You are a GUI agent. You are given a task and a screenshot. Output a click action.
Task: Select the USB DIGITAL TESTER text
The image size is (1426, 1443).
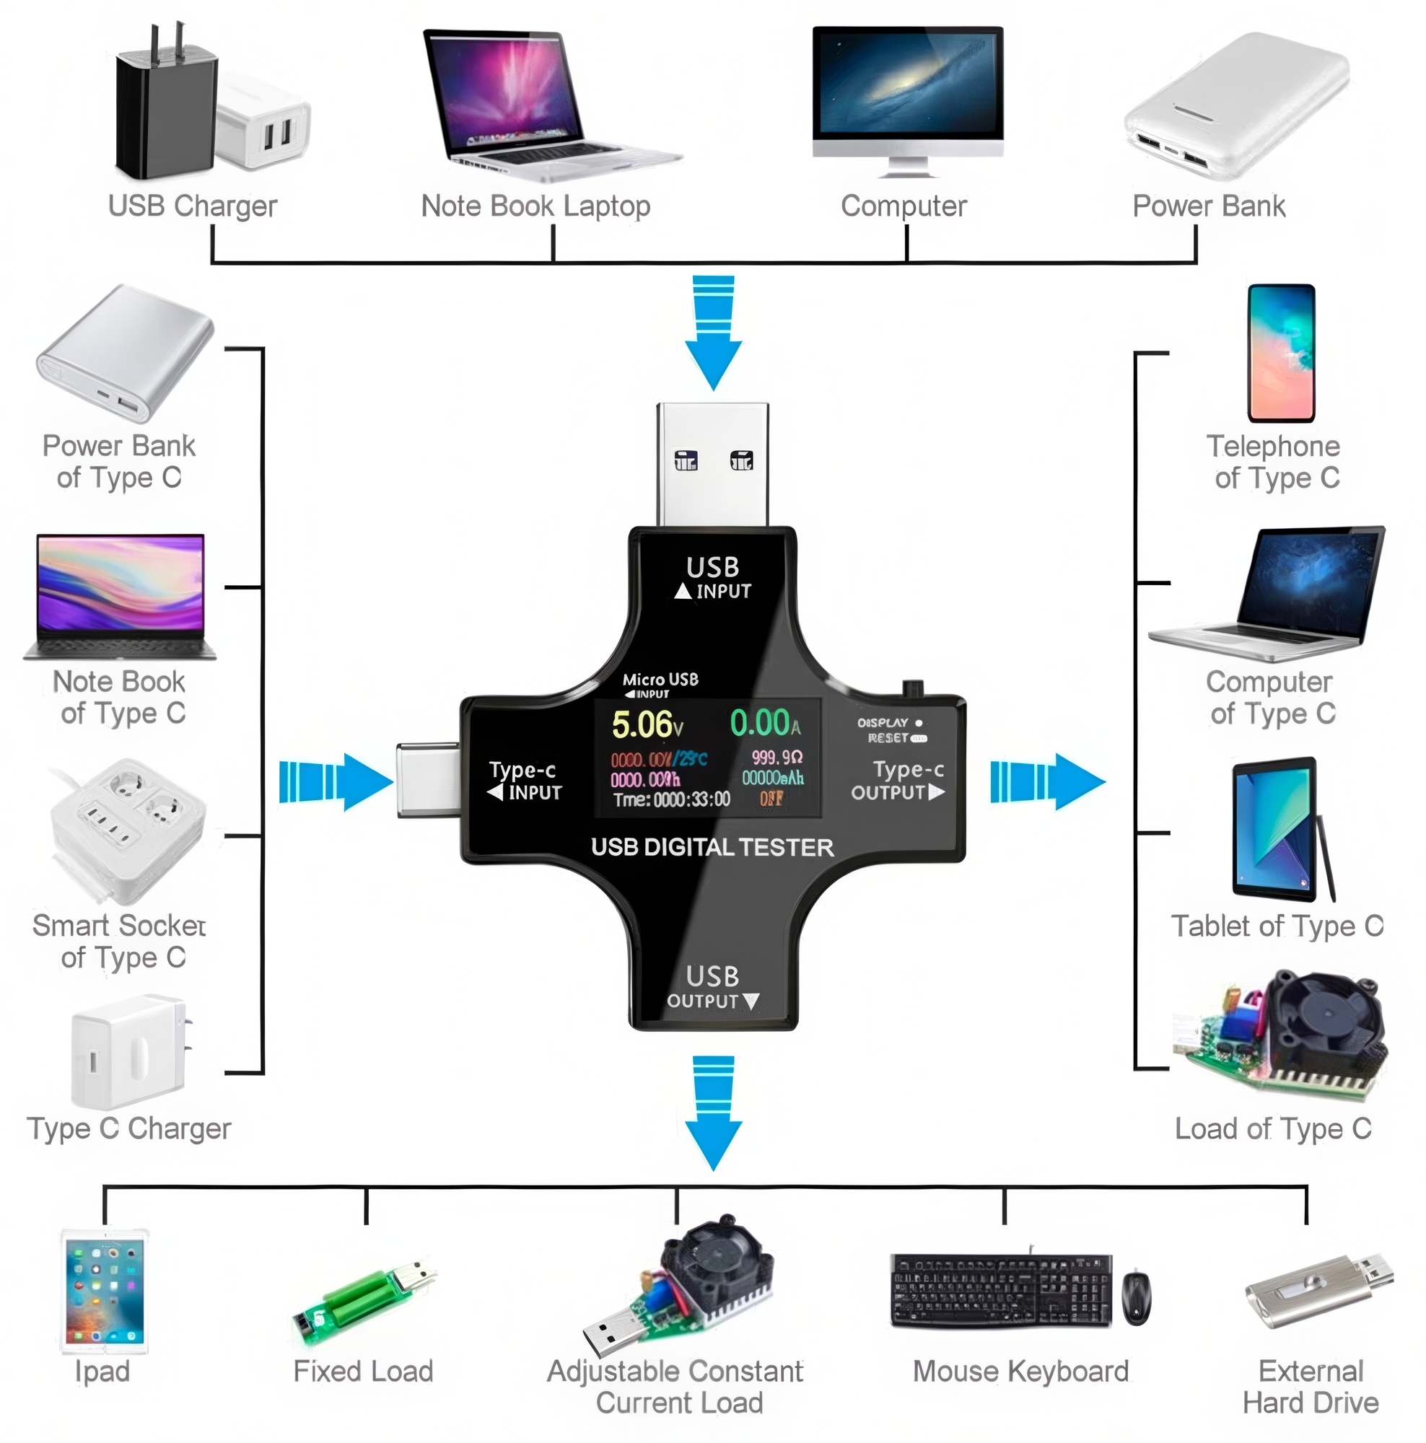point(711,847)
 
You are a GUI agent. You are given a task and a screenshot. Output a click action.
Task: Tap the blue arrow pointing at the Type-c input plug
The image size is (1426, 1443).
point(336,781)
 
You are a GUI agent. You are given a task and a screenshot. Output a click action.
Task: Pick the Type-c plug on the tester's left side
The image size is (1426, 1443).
point(427,780)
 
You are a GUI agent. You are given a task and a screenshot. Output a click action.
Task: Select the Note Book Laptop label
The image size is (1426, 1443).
point(535,206)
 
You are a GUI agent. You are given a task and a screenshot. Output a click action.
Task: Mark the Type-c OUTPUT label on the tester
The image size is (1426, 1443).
point(898,781)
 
